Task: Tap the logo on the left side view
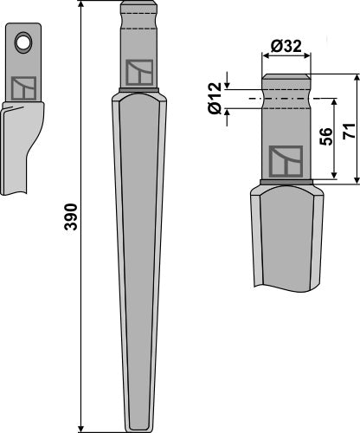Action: (22, 87)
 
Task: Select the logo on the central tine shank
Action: (137, 72)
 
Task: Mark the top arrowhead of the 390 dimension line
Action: (82, 6)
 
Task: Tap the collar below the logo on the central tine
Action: (137, 92)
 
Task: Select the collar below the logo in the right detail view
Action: (287, 183)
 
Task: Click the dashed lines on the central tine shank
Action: (137, 29)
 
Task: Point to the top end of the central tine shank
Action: (137, 4)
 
